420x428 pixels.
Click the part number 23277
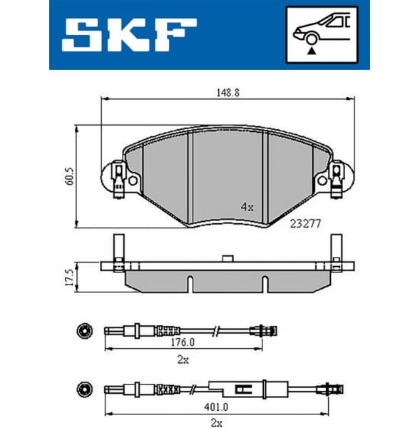coord(305,223)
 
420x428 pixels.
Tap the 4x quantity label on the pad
coord(247,208)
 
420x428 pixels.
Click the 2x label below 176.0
coord(183,360)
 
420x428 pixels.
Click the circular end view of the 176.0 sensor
coord(83,330)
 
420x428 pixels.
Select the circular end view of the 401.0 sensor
coord(83,389)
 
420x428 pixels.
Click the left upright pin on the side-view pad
coord(114,250)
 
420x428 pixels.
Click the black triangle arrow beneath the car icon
coord(311,51)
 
